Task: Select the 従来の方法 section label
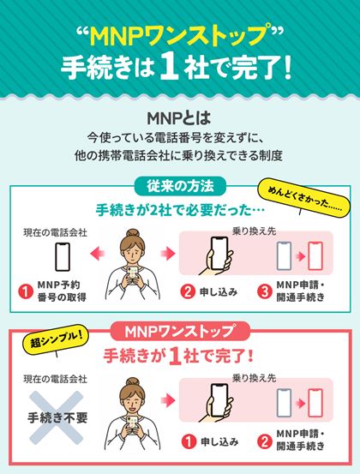click(x=180, y=184)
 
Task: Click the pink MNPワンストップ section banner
click(x=180, y=330)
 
